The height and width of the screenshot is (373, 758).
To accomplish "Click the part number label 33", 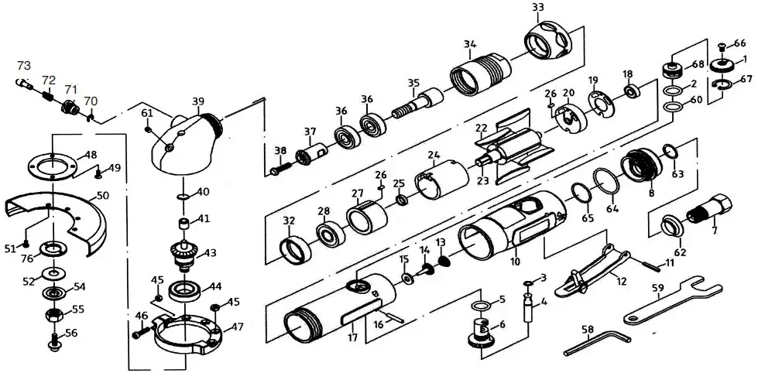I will [x=537, y=8].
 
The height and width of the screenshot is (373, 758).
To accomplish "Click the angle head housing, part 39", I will [x=187, y=139].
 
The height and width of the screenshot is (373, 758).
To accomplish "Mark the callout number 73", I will [x=24, y=64].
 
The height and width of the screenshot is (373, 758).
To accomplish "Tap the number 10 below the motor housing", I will [x=514, y=262].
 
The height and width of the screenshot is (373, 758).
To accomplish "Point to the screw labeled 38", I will [x=283, y=163].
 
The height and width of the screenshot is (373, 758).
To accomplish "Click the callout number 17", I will [x=352, y=337].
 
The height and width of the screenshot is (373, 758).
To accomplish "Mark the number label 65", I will [x=588, y=219].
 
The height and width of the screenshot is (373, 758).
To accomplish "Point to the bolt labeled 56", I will [x=55, y=339].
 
